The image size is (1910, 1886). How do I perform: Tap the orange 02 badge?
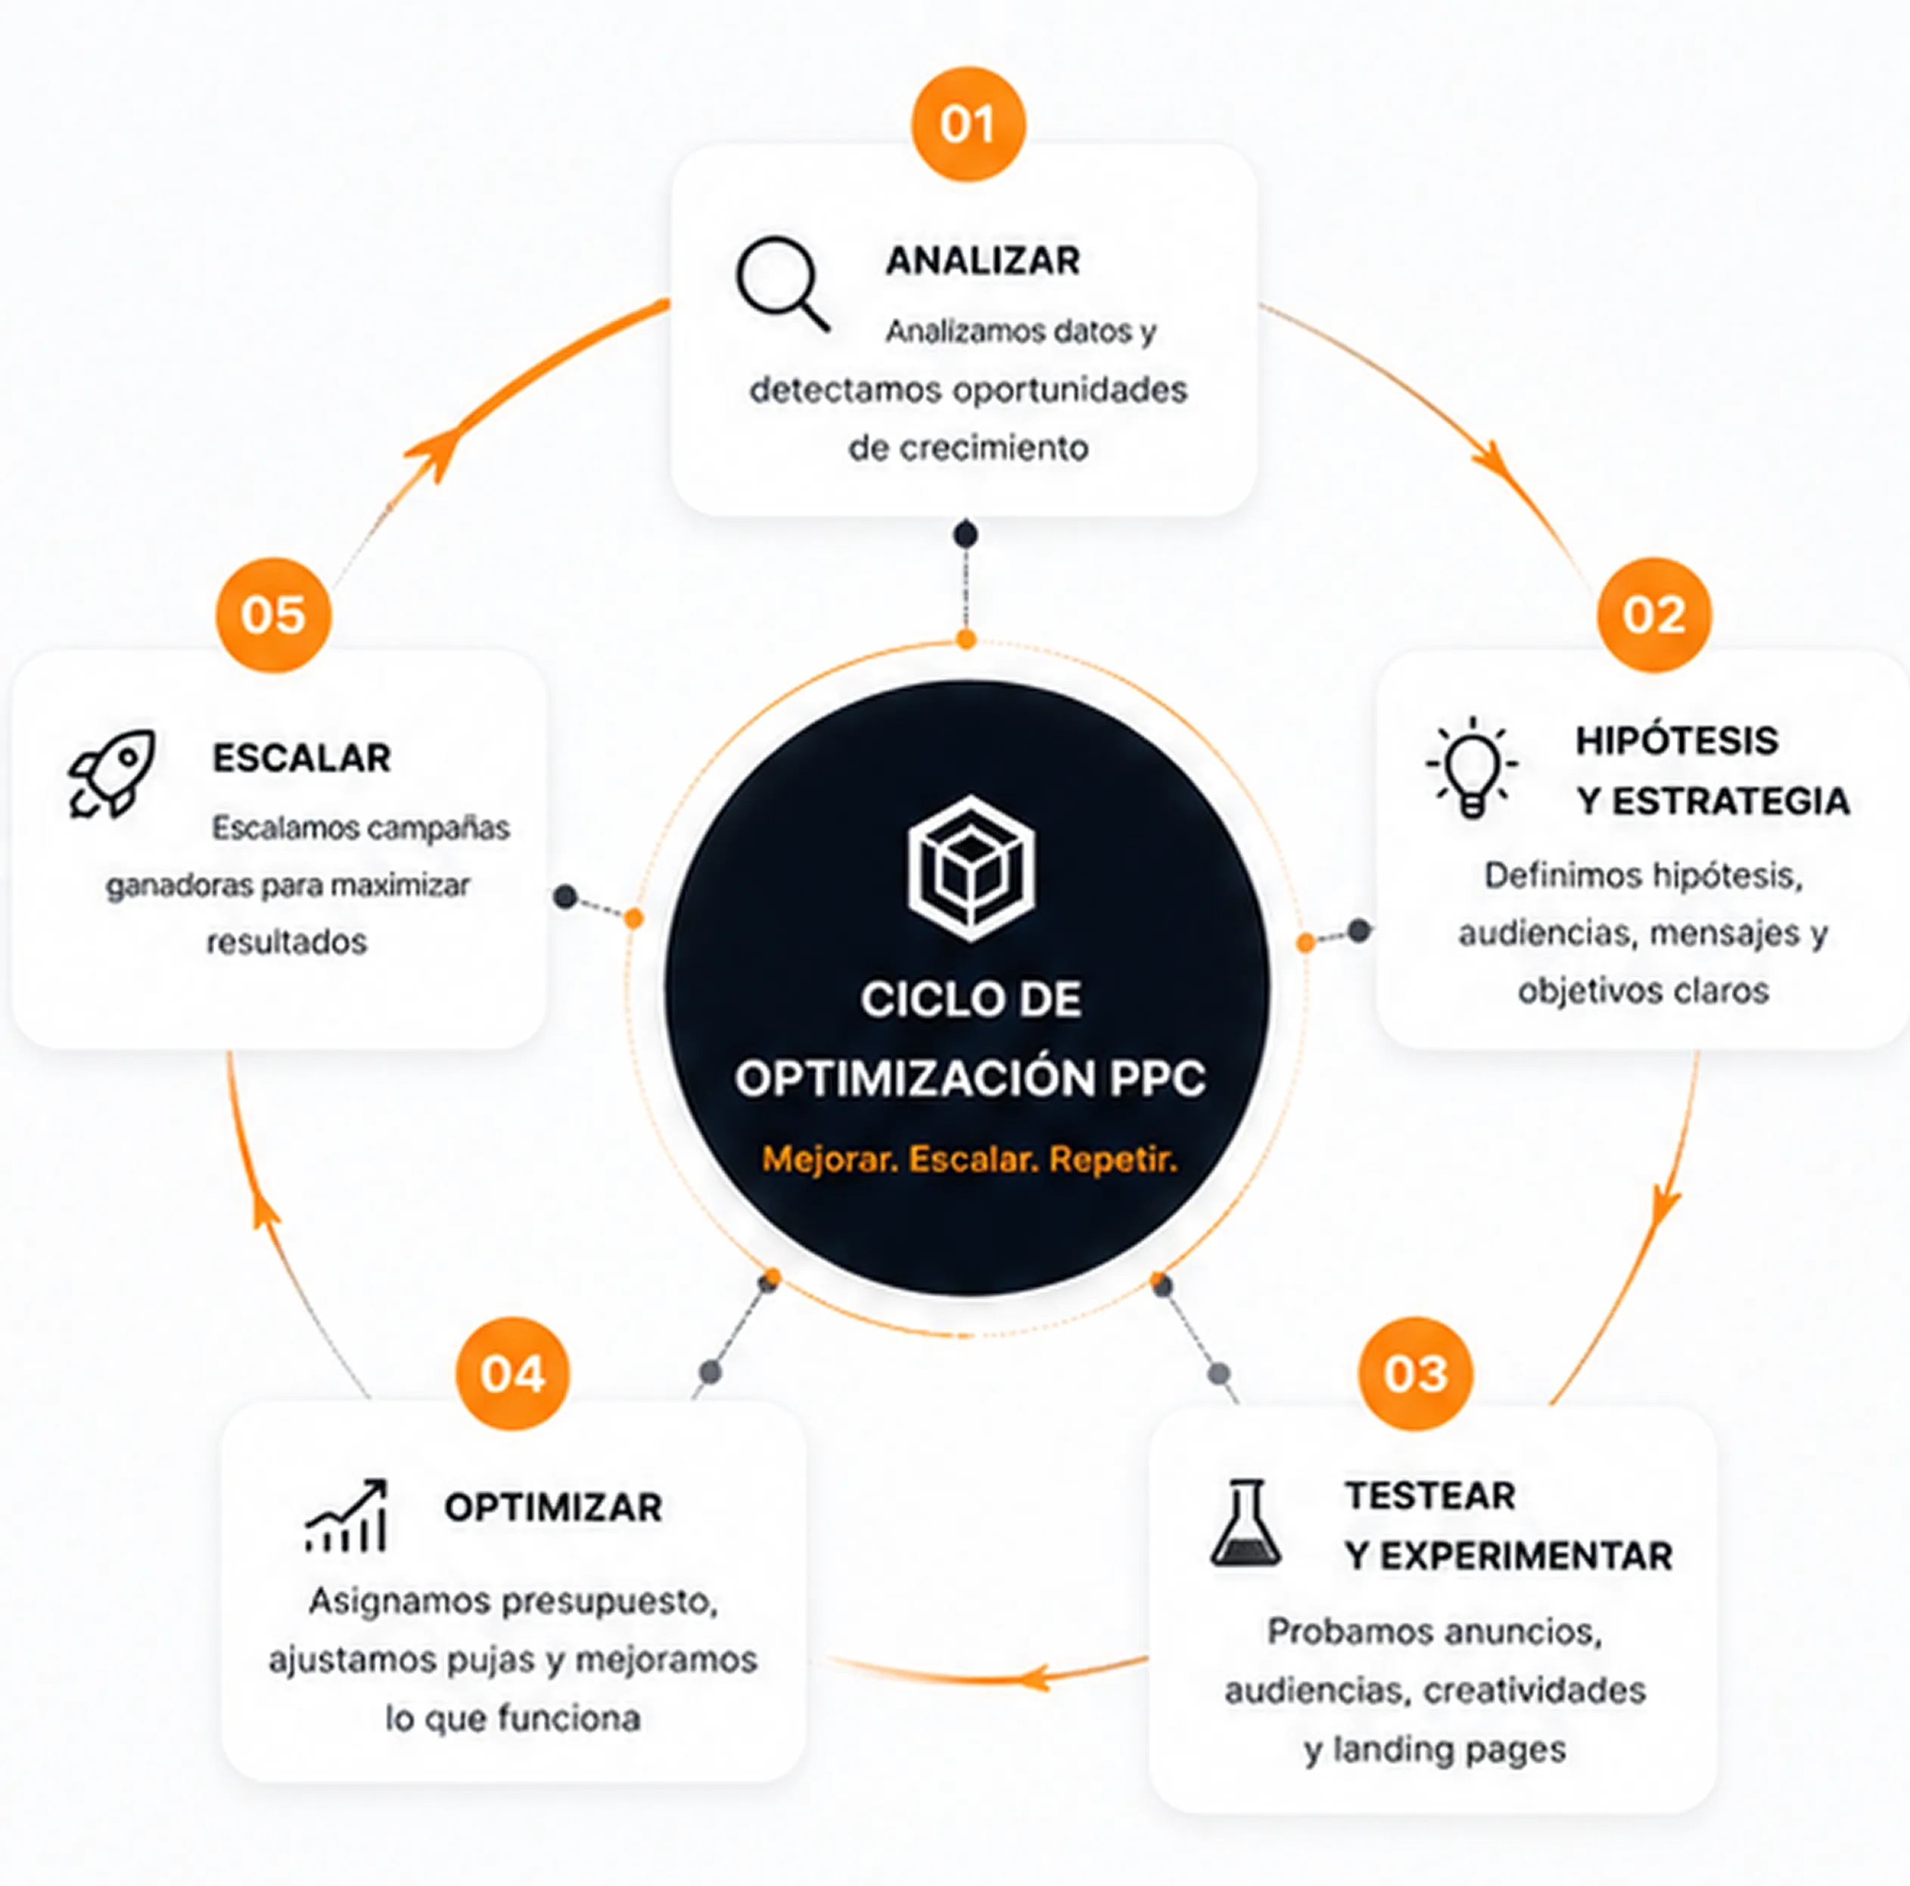click(x=1654, y=614)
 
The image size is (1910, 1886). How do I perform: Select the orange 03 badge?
click(x=1414, y=1373)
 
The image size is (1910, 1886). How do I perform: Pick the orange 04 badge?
click(x=512, y=1373)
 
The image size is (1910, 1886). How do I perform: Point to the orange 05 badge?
click(x=273, y=614)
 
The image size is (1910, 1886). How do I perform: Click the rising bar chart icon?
click(x=346, y=1515)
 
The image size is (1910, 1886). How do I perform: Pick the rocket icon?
click(x=112, y=775)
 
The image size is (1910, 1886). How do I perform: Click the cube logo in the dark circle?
click(x=971, y=868)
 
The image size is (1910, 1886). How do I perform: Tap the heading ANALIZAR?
click(x=983, y=261)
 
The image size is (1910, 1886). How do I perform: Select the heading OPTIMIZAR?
click(x=552, y=1507)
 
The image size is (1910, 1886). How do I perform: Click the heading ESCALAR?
click(x=301, y=758)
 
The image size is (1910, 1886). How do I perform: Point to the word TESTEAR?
click(x=1429, y=1495)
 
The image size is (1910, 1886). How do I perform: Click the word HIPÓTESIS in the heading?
click(x=1677, y=740)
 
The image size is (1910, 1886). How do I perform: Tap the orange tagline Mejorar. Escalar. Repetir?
click(x=970, y=1158)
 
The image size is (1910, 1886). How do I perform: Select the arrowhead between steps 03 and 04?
click(x=1034, y=1677)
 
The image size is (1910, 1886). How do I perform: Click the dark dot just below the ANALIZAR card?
click(x=966, y=535)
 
